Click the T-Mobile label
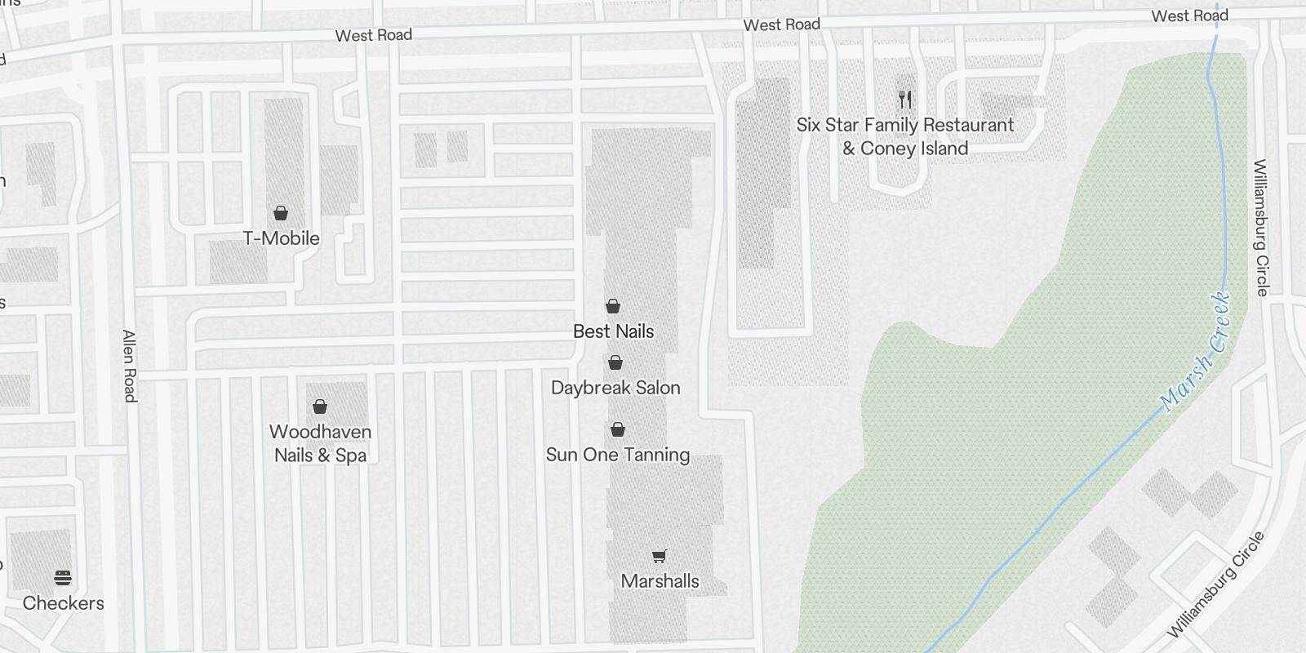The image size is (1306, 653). (282, 238)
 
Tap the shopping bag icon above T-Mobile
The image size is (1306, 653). (281, 214)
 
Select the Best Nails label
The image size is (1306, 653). (613, 331)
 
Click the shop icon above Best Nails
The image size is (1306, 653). (613, 306)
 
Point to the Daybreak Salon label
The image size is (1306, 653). (615, 388)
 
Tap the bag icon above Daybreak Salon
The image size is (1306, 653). (615, 362)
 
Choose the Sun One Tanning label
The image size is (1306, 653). (618, 455)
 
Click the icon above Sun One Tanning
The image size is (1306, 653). (618, 429)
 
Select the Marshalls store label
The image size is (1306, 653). (660, 581)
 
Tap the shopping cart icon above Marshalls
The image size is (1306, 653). (660, 557)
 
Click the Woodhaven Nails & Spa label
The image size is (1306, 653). (320, 443)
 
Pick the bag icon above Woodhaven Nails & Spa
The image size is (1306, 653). (320, 406)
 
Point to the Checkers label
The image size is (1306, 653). (64, 603)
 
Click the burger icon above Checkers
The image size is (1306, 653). (63, 578)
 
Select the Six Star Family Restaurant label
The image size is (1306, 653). (905, 126)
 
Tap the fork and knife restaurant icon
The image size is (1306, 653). (904, 100)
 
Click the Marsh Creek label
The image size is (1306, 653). (1195, 351)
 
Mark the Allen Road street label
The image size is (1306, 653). (129, 366)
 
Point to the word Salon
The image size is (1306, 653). (658, 388)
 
